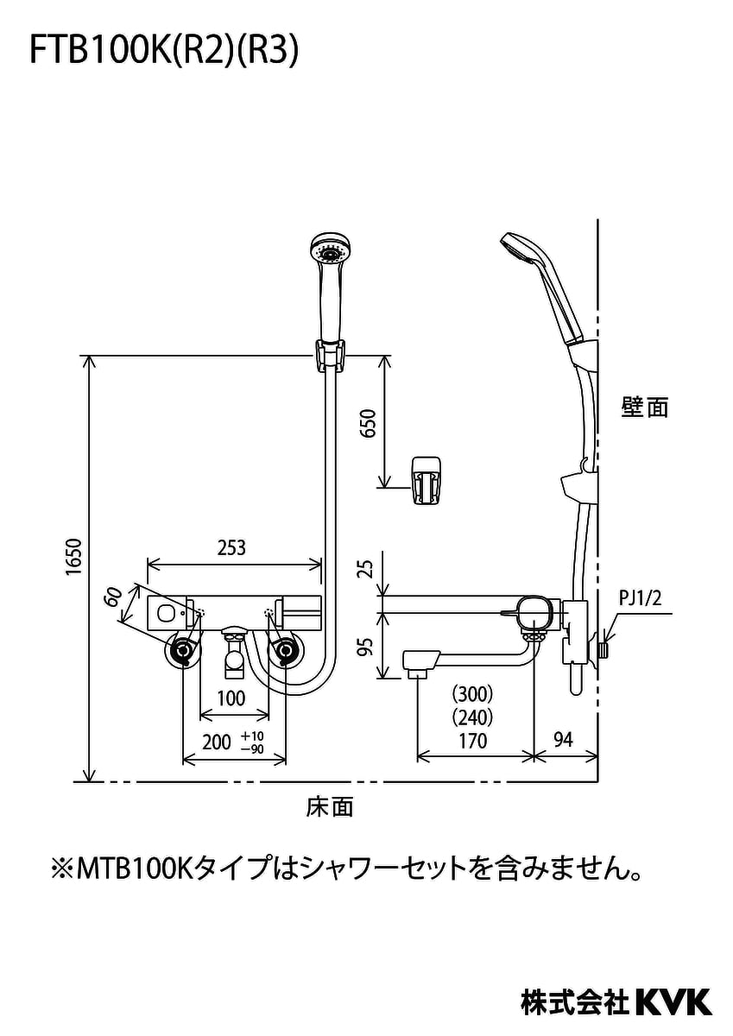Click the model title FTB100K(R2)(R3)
point(164,51)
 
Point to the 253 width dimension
point(231,547)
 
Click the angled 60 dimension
point(112,598)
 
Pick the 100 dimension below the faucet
point(231,698)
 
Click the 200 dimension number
point(217,742)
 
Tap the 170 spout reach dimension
point(472,741)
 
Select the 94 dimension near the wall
point(562,741)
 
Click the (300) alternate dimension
point(472,693)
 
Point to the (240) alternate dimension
point(472,717)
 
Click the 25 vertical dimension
point(367,569)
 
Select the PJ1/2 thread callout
point(640,598)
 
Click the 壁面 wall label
point(644,407)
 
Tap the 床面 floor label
point(330,807)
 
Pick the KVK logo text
point(673,1001)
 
